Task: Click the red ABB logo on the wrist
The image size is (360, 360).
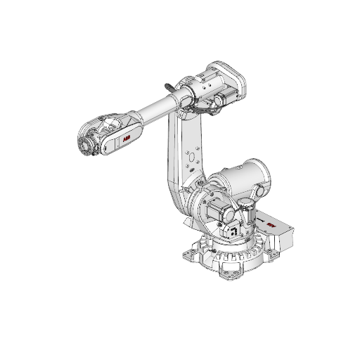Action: (x=127, y=141)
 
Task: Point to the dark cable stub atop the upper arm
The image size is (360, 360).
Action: (x=169, y=85)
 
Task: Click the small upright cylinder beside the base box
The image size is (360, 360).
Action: (x=247, y=210)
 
